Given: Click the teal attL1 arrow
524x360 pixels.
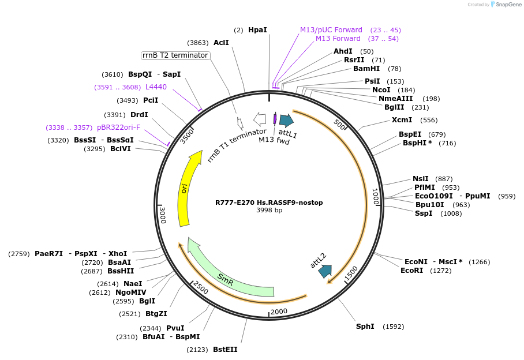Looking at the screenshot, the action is (286, 120).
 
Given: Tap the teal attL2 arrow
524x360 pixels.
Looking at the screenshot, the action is (325, 270).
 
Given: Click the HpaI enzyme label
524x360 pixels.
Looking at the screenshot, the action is (257, 29).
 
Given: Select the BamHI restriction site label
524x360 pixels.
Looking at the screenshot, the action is (366, 69).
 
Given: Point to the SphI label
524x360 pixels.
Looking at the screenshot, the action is (365, 327).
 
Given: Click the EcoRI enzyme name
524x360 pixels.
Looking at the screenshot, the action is (412, 270).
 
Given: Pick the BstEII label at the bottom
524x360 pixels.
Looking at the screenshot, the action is (225, 350).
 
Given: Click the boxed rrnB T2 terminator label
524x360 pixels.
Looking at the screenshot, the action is (175, 55).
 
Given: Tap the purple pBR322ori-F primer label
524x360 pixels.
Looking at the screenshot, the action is (118, 127).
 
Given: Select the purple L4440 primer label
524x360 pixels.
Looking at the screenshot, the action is (156, 87).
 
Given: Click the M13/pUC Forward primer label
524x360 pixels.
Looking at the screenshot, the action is (331, 29).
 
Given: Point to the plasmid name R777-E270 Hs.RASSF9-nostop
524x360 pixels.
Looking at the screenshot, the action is (269, 202).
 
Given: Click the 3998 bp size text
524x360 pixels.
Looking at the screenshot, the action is (269, 210).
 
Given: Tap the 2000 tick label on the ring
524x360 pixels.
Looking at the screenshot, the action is (279, 312).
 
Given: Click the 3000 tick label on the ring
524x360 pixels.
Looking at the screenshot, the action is (163, 215).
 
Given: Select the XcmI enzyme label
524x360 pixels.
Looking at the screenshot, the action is (402, 120).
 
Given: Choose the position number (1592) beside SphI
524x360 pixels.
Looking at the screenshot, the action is (393, 327).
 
